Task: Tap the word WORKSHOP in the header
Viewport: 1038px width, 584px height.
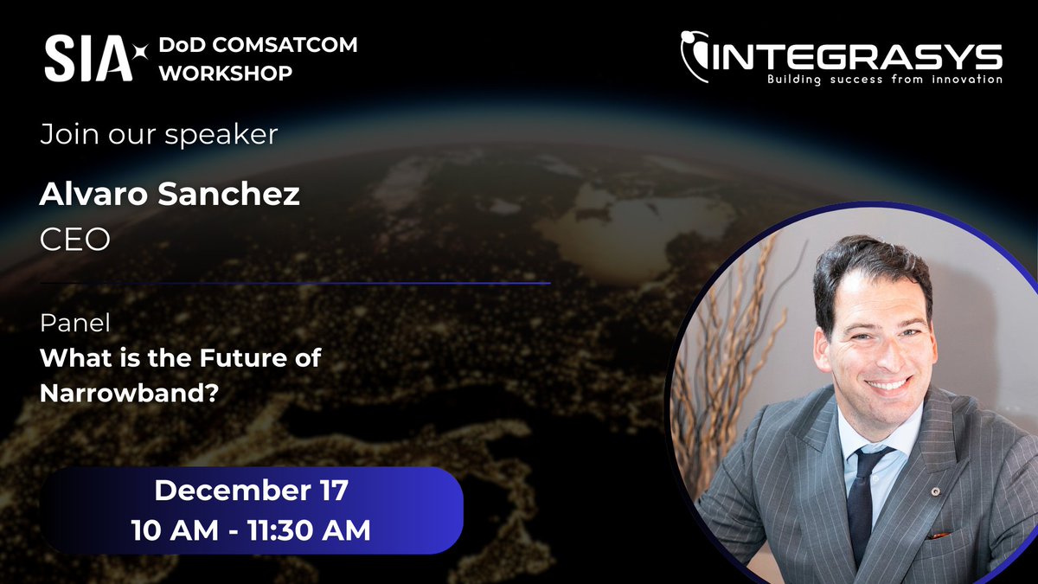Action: click(226, 74)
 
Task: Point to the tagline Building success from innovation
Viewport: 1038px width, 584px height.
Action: click(884, 80)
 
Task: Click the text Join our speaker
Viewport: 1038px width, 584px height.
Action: click(159, 135)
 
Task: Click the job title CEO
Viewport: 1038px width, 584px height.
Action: click(75, 239)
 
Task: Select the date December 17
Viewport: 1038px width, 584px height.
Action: click(251, 491)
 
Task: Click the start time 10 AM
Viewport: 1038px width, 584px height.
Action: click(173, 529)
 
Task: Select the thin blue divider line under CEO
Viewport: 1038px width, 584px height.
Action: click(295, 283)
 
